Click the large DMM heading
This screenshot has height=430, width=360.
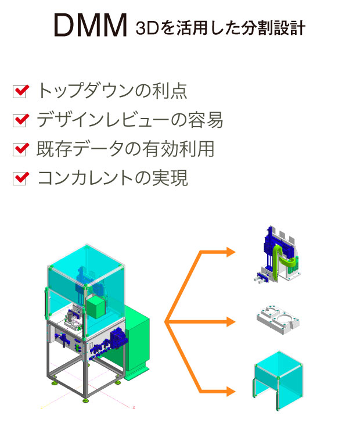click(x=90, y=26)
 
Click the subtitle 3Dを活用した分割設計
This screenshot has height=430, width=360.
click(x=219, y=28)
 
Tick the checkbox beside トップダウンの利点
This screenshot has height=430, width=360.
click(x=20, y=91)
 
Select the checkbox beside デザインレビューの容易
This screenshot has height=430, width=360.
click(x=20, y=120)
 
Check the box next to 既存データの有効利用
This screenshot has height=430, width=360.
click(x=20, y=149)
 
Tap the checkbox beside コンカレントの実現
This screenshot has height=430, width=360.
click(x=20, y=178)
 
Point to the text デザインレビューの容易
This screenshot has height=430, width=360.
click(x=129, y=120)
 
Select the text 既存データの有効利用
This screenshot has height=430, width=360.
click(x=125, y=149)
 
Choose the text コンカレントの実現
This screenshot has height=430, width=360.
click(x=112, y=178)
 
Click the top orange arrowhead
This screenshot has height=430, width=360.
click(x=231, y=252)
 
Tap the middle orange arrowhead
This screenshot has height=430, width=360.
click(x=231, y=321)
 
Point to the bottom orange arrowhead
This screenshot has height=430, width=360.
click(x=231, y=390)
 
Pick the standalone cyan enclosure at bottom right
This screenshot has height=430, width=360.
click(x=279, y=378)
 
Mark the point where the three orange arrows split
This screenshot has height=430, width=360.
click(x=167, y=321)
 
